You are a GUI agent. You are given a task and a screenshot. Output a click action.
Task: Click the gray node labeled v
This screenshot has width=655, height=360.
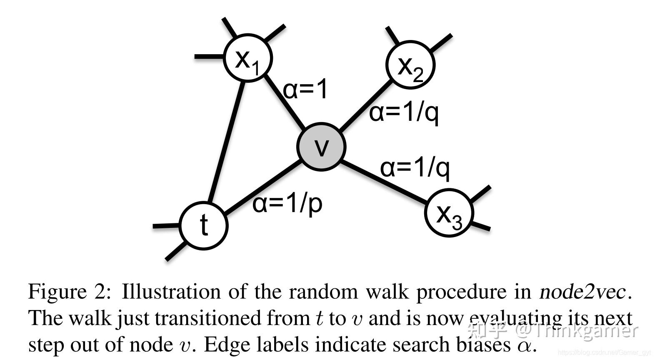click(321, 146)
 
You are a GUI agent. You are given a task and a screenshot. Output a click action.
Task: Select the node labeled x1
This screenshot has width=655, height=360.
click(248, 58)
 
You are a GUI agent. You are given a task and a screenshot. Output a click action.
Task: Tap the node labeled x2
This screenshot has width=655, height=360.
click(410, 65)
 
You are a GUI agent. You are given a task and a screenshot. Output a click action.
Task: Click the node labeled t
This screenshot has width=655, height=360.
click(204, 225)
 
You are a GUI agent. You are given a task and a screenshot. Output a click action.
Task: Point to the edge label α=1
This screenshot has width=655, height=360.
click(305, 89)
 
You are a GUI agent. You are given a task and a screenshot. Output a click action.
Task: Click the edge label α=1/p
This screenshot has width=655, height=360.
click(287, 204)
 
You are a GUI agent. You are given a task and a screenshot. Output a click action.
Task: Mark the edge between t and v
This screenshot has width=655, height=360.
click(262, 187)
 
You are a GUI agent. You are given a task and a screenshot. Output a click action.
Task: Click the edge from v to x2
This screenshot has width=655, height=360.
click(366, 104)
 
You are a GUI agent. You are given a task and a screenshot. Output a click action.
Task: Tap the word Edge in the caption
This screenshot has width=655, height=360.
click(224, 345)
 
